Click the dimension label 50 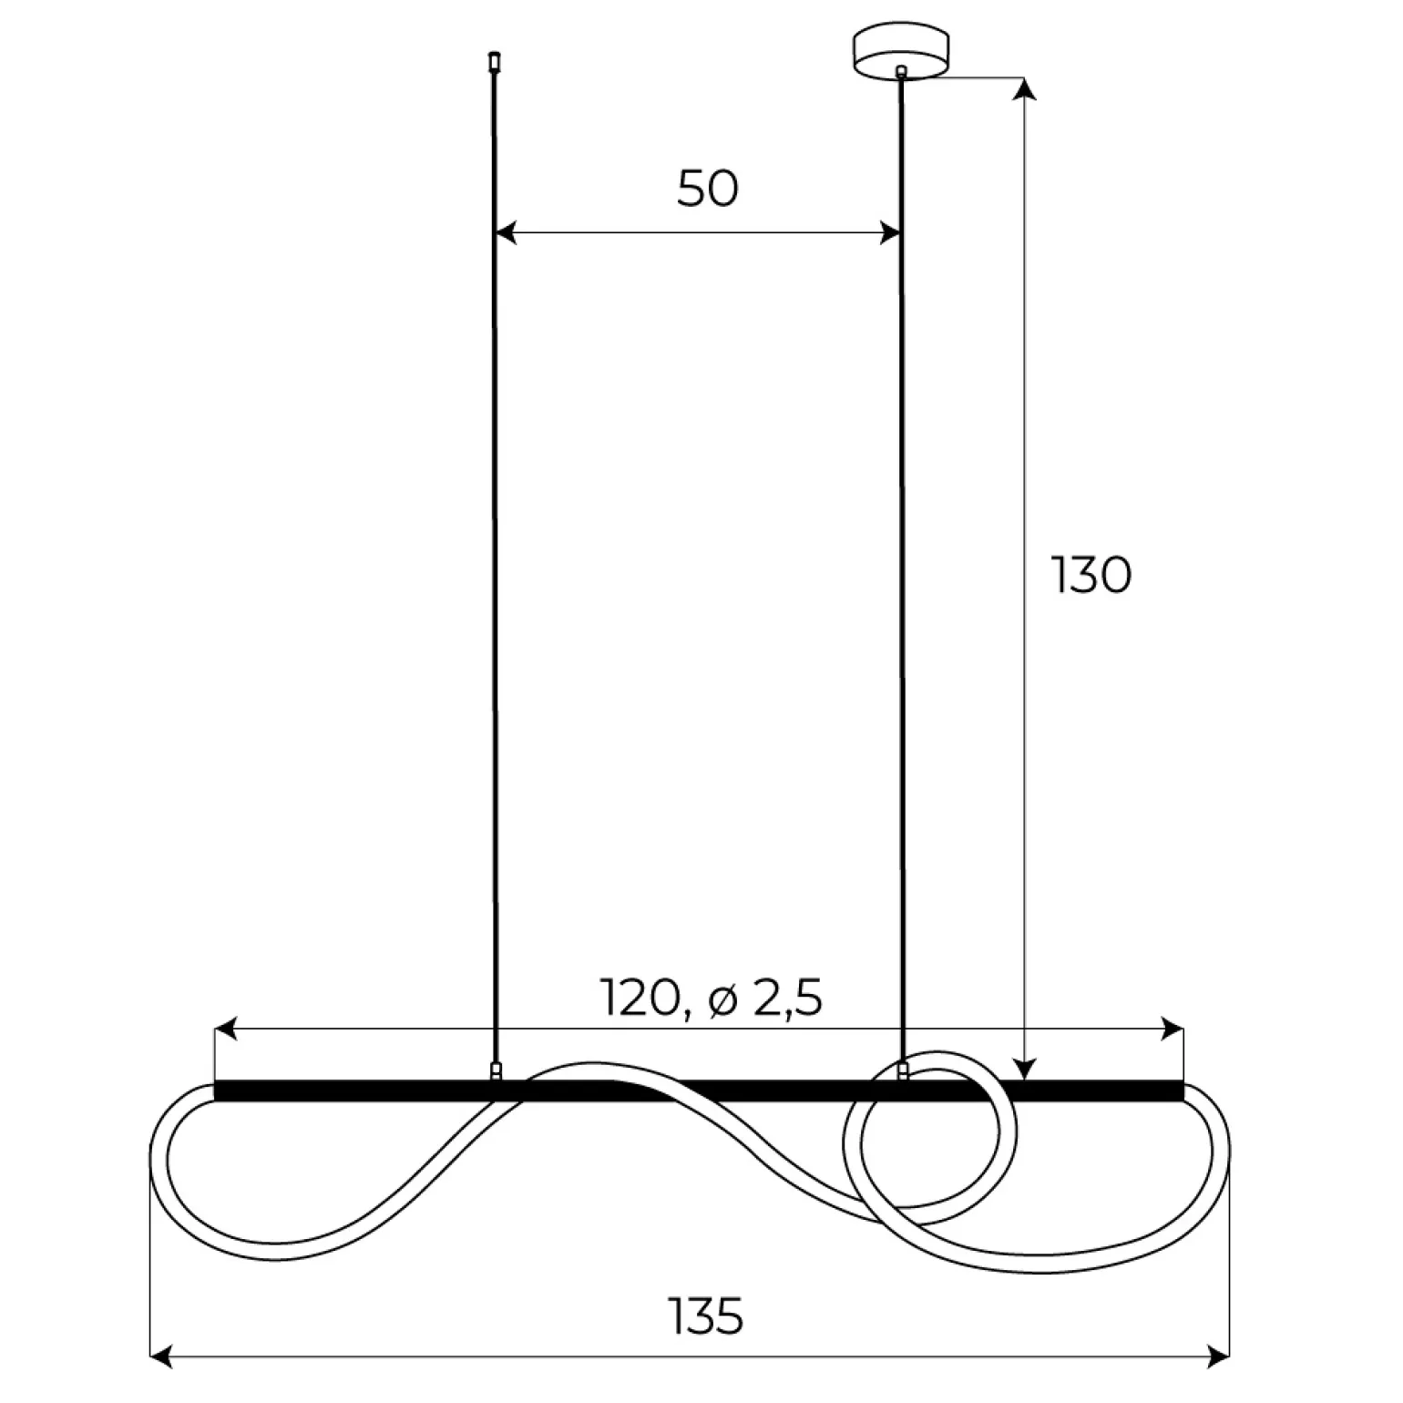coord(708,189)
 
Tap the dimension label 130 coord(1091,575)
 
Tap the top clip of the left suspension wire coord(494,62)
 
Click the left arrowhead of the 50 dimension coord(506,233)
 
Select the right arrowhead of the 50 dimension coord(888,233)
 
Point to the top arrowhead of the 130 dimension coord(1026,87)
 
